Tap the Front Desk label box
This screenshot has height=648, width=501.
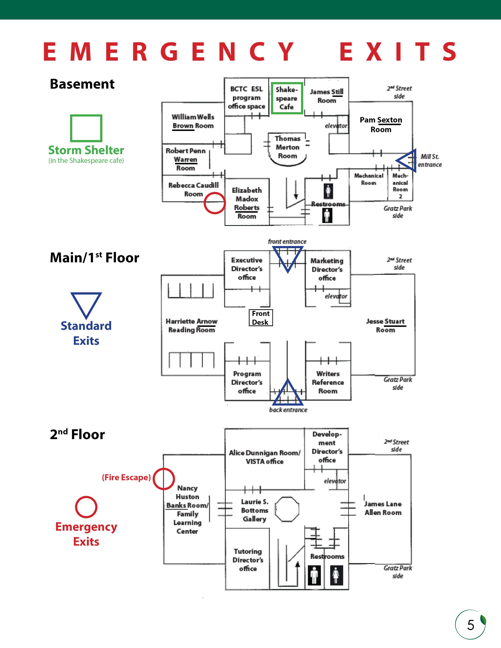click(x=261, y=318)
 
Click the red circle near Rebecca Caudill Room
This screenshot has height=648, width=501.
click(x=215, y=203)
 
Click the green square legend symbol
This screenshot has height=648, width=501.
click(x=86, y=128)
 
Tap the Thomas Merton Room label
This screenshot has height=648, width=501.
click(x=287, y=147)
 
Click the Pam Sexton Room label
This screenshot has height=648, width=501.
click(x=381, y=125)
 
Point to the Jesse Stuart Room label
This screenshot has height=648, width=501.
click(x=385, y=326)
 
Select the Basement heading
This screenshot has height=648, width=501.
click(x=82, y=84)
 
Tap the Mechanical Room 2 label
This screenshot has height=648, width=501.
click(x=400, y=186)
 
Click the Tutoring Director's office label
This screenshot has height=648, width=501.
click(x=248, y=560)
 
